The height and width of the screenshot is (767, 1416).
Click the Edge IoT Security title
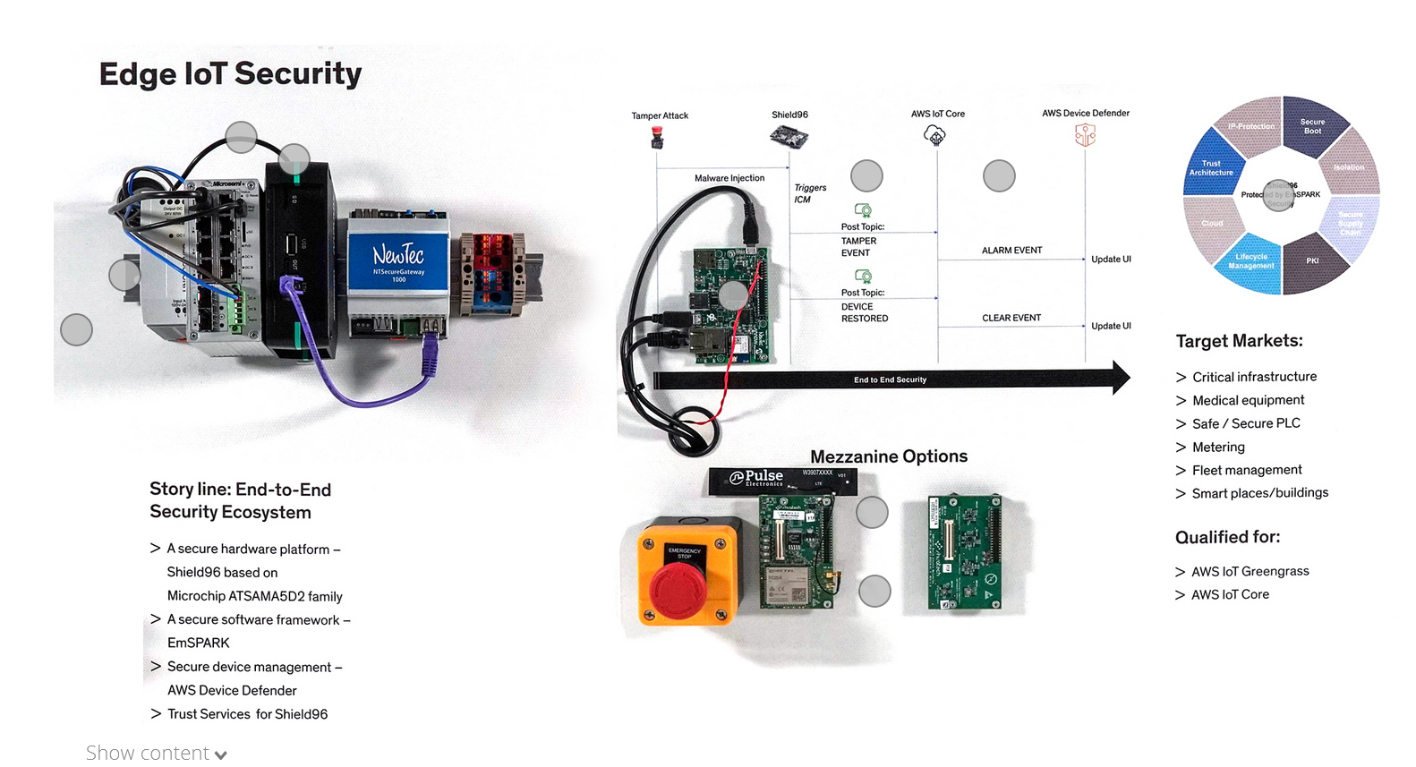point(230,73)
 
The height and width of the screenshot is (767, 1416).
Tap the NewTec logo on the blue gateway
point(398,255)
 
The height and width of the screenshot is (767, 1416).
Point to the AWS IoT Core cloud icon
point(934,135)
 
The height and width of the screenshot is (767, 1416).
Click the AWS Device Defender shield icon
point(1085,135)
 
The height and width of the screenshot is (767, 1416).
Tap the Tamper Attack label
point(660,115)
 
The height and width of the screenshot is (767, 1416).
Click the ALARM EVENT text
point(1011,251)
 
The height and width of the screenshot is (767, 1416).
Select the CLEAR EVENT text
point(1011,318)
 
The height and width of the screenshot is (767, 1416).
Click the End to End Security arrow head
point(1121,379)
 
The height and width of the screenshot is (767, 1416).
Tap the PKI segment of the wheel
point(1312,261)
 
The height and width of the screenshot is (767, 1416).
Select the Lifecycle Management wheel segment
point(1250,261)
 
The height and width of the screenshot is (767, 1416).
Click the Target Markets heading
point(1239,341)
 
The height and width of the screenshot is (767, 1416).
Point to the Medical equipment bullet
point(1248,400)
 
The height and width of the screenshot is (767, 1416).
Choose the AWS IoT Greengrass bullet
point(1250,571)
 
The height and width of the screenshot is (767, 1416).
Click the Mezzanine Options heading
point(888,456)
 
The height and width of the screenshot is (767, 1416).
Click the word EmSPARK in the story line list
point(199,643)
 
